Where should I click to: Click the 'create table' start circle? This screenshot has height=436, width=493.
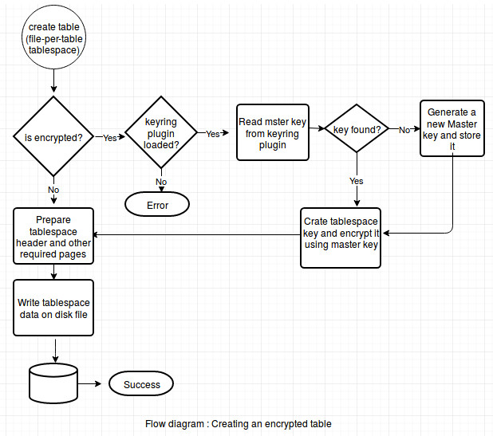[x=53, y=37]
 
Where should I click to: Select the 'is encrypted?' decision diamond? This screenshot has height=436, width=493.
[x=53, y=136]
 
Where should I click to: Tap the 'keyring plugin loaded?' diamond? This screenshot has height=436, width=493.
[x=161, y=132]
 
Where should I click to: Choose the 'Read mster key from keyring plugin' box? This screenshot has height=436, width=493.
[x=273, y=132]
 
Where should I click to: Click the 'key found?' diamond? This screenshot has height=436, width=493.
[x=357, y=128]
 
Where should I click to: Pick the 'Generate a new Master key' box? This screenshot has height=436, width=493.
[x=452, y=128]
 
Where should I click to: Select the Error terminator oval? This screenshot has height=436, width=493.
[x=157, y=205]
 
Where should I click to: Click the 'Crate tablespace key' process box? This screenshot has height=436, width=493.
[x=341, y=238]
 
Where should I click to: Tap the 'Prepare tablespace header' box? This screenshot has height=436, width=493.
[x=53, y=236]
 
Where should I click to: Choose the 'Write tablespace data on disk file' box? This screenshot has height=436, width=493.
[x=53, y=308]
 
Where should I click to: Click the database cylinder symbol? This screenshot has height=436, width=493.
[x=53, y=383]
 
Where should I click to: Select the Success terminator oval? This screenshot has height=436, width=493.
[x=141, y=383]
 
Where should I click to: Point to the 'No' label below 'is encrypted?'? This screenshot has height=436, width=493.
[x=53, y=190]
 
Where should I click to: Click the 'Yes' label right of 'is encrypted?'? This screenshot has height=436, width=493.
[x=110, y=138]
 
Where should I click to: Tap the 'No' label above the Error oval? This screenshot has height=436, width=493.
[x=161, y=182]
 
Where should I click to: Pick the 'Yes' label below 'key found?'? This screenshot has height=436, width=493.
[x=357, y=181]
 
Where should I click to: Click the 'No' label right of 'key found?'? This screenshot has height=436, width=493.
[x=404, y=130]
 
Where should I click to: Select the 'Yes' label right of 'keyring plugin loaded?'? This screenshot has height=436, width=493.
[x=212, y=134]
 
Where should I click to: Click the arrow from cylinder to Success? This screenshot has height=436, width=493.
[x=89, y=383]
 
